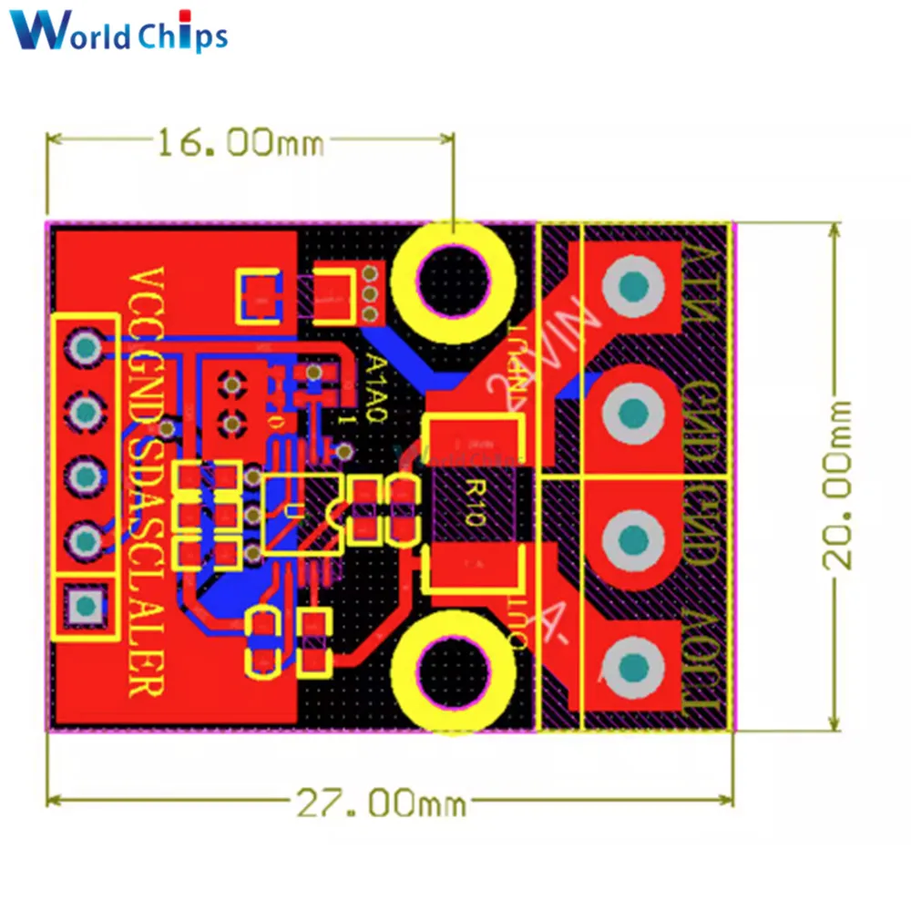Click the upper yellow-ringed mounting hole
pos(452,273)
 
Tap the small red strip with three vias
pos(370,292)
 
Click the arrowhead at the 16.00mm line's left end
pos(54,139)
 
